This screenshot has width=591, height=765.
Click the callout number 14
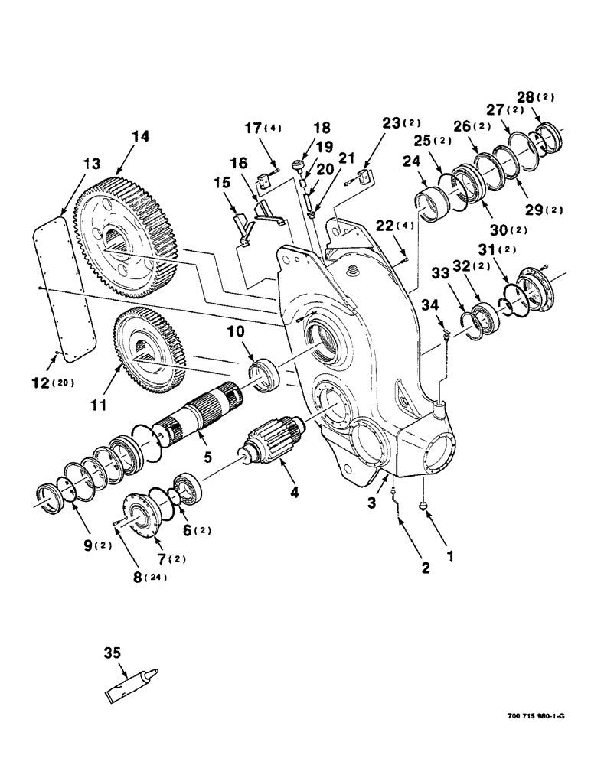click(119, 137)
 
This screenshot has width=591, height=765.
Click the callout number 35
click(112, 654)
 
